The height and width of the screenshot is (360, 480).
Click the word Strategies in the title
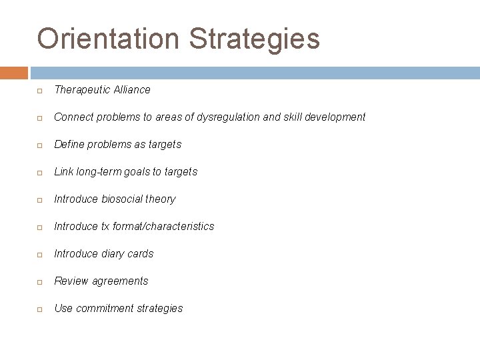255,39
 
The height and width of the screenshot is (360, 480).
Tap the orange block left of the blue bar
14,73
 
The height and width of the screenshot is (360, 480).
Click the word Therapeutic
82,89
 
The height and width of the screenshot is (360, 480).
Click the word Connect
74,117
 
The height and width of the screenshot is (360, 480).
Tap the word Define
69,144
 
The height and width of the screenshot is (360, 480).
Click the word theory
161,199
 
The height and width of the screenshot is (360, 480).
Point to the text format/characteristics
164,226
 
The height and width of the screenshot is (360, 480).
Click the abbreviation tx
105,226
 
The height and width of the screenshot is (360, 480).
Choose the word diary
115,253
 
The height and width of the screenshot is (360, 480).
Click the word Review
71,281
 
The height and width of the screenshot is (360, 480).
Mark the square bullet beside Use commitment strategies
40,309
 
